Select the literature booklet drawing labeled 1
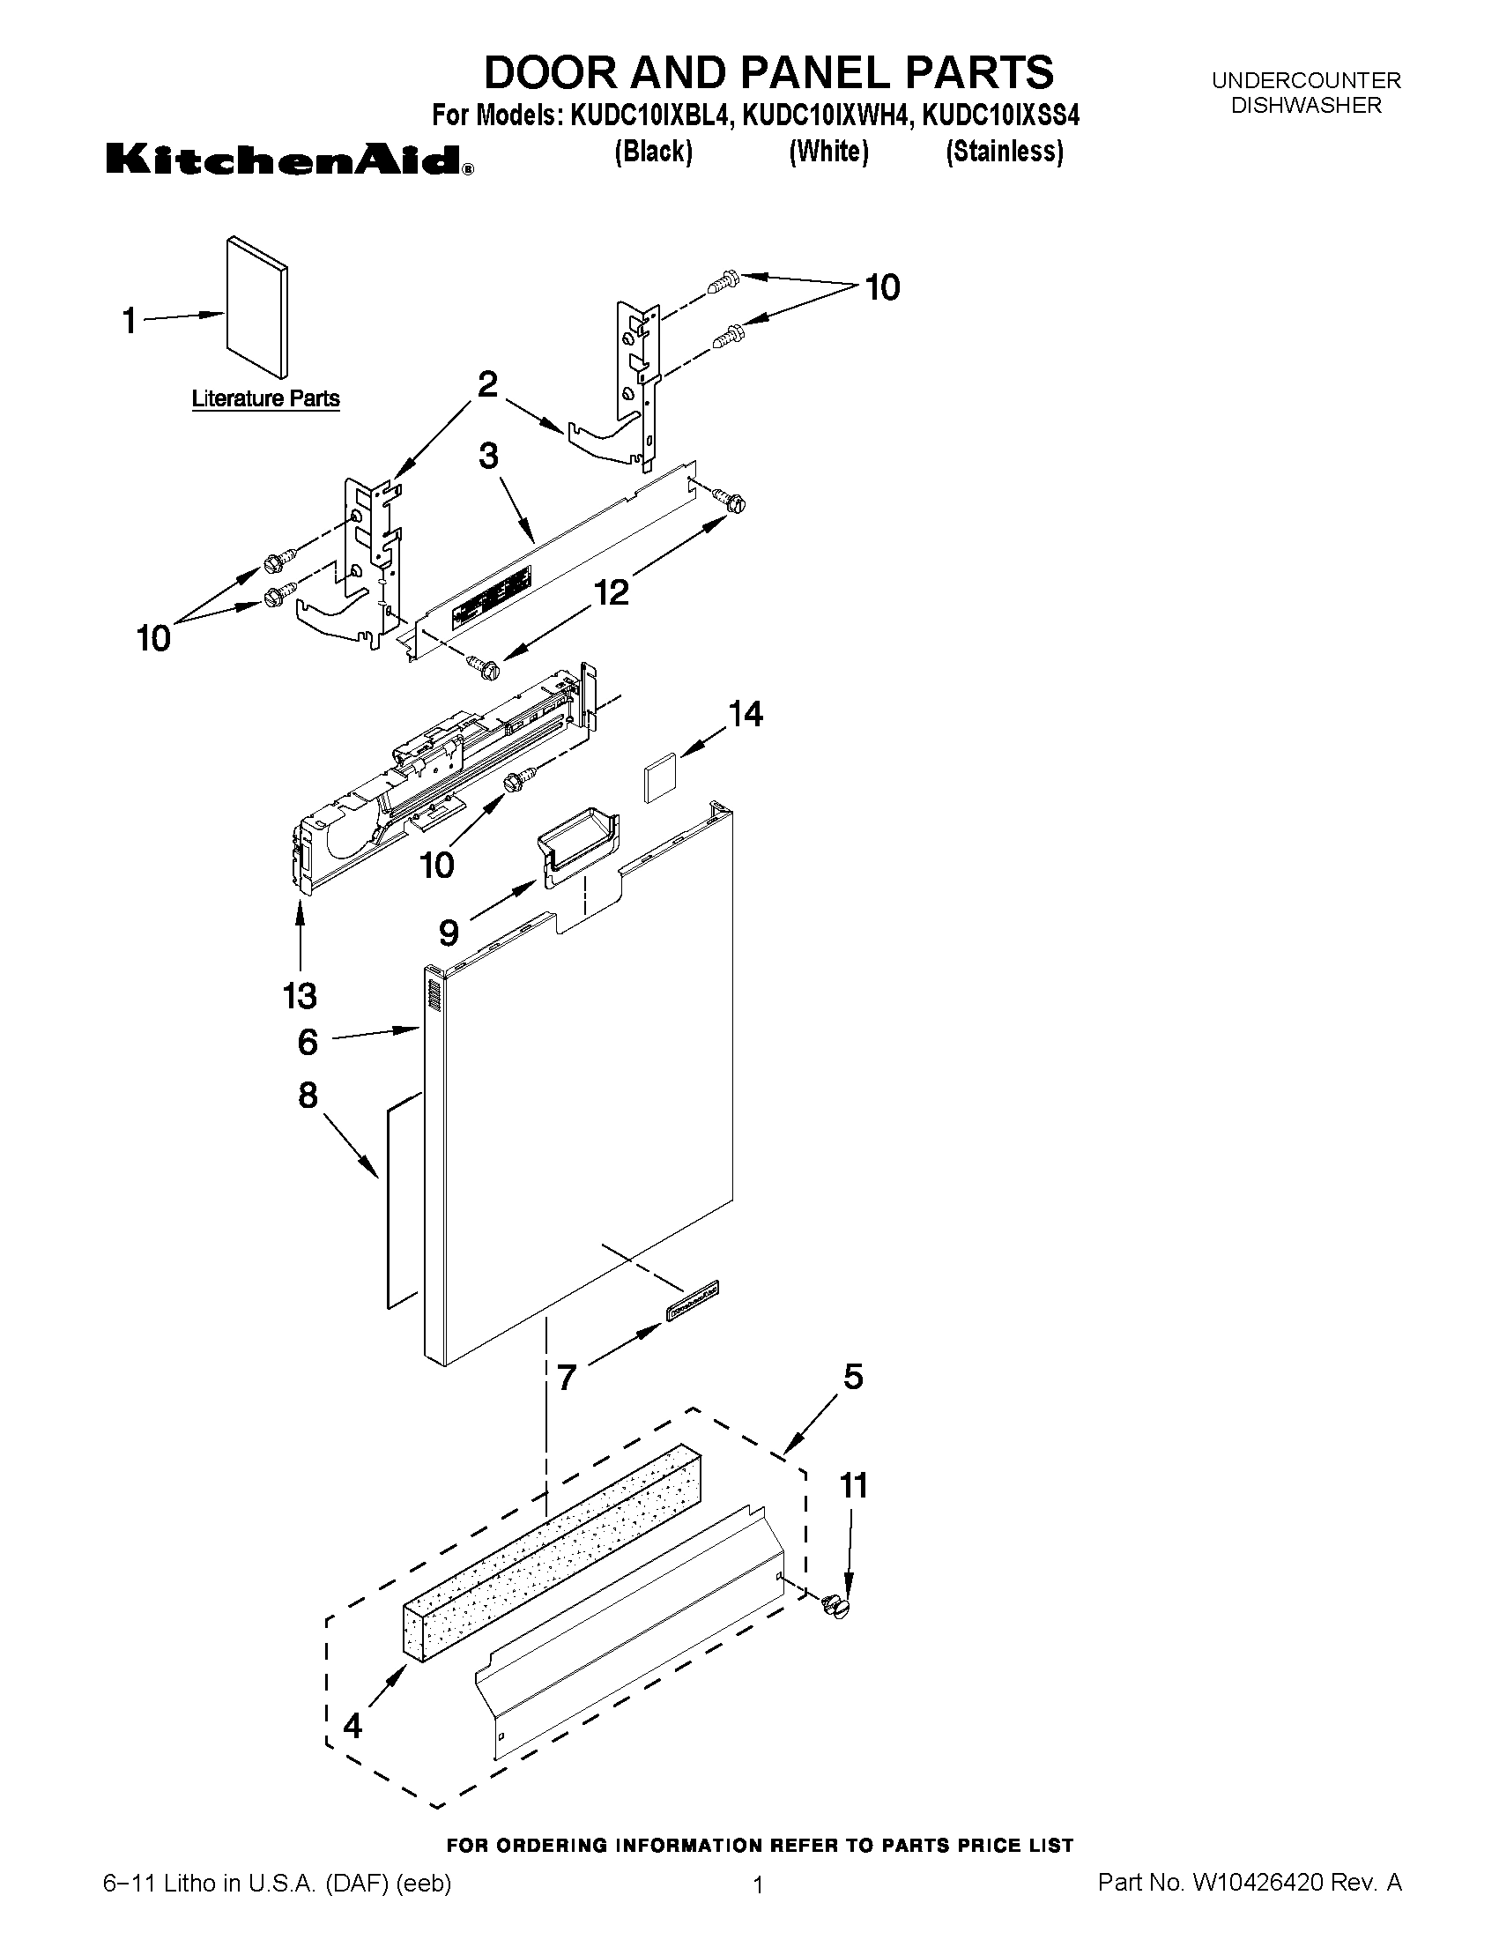click(x=256, y=308)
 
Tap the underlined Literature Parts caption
click(x=265, y=398)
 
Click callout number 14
click(x=745, y=714)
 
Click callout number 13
click(x=301, y=996)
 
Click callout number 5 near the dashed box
click(x=852, y=1377)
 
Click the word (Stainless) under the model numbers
click(x=1004, y=152)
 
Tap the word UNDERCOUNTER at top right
click(x=1306, y=81)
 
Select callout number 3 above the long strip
click(x=488, y=457)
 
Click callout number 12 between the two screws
click(x=612, y=591)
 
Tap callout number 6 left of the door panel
click(x=308, y=1042)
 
